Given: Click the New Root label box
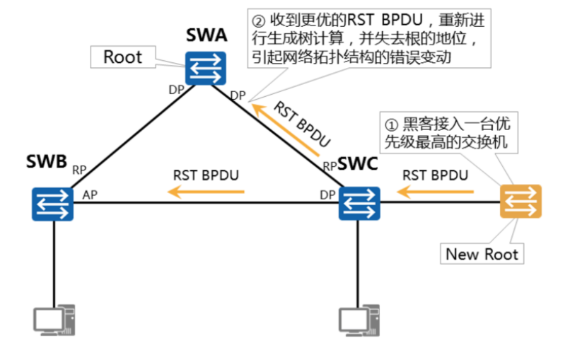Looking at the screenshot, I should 482,253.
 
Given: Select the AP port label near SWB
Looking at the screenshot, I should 90,194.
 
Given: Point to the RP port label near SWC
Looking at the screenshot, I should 330,166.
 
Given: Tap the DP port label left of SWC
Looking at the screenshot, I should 327,194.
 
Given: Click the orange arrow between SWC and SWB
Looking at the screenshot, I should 206,191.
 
